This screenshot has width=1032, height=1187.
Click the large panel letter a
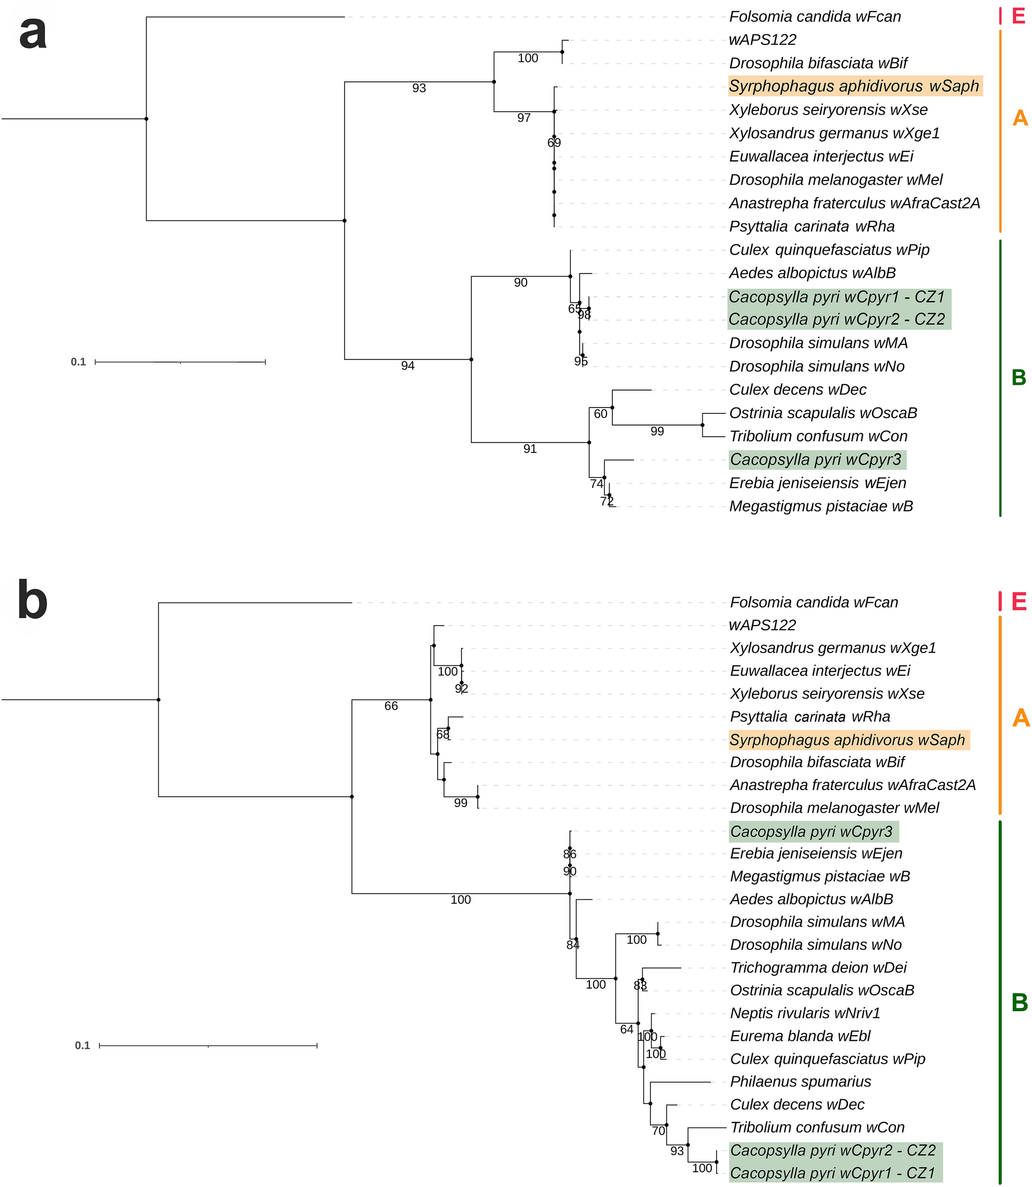(33, 33)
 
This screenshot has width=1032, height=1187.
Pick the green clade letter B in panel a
(1018, 378)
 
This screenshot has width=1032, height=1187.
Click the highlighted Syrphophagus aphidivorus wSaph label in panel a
(854, 86)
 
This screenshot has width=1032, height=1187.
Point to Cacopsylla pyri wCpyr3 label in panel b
(811, 832)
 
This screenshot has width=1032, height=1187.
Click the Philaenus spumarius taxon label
(801, 1082)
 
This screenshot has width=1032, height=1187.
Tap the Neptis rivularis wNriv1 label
(805, 1013)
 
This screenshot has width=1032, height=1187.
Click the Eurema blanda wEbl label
(800, 1036)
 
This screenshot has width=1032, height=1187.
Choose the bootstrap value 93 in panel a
(419, 88)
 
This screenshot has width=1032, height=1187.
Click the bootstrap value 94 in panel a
(408, 366)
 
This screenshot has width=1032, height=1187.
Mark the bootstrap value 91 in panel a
(530, 449)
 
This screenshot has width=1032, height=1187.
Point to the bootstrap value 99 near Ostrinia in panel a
(657, 431)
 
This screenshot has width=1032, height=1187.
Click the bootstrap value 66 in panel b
(391, 706)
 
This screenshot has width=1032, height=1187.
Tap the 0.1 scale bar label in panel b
(83, 1045)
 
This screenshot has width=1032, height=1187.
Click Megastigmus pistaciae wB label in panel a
(821, 507)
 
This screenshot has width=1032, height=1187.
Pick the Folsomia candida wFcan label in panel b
(814, 602)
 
